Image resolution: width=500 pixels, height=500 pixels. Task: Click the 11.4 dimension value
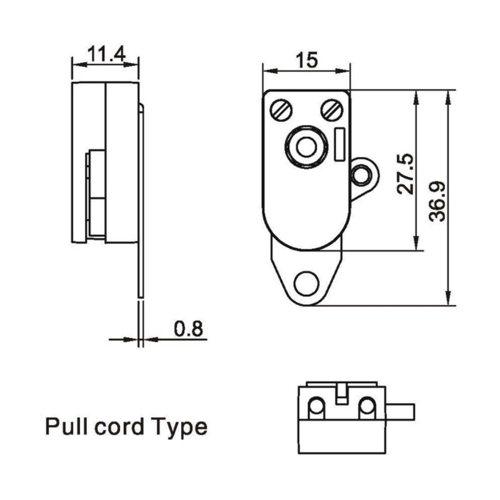(x=106, y=53)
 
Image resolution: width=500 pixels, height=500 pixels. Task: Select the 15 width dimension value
(x=306, y=60)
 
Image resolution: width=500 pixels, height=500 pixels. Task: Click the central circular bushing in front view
(x=306, y=147)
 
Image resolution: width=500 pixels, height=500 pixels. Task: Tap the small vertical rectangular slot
(x=340, y=144)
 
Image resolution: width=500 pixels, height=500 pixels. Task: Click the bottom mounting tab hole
(x=306, y=283)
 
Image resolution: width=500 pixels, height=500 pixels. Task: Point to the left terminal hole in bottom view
(x=316, y=407)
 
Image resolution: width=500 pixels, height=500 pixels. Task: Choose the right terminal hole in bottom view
(x=367, y=407)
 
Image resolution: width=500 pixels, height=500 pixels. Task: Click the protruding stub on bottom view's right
(x=402, y=411)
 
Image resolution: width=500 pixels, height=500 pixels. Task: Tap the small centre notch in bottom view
(x=341, y=393)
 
